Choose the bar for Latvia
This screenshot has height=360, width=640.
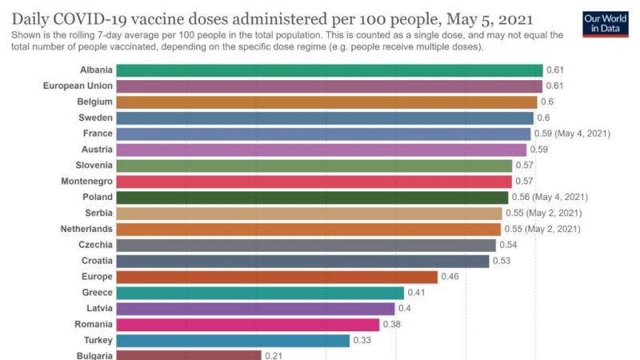coord(256,309)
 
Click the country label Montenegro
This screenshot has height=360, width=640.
coord(87,182)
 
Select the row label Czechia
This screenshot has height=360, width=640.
coord(95,245)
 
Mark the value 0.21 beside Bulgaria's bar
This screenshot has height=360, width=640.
coord(274,355)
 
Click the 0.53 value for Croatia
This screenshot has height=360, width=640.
coord(502,261)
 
